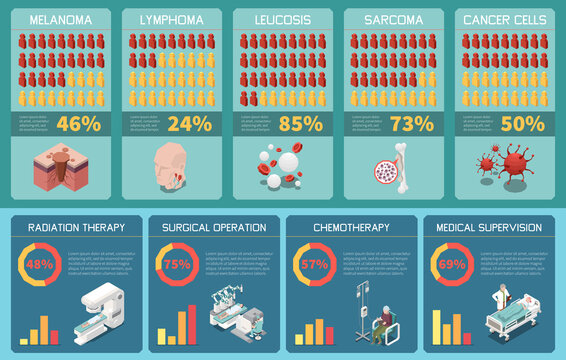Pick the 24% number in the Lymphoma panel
pos(189,124)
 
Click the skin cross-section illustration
pos(60,165)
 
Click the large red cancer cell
pos(519,160)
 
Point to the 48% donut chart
pos(39,265)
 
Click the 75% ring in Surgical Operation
pos(176,265)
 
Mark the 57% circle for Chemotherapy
pos(314,265)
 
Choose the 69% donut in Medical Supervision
pos(452,265)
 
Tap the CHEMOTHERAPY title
pos(351,228)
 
